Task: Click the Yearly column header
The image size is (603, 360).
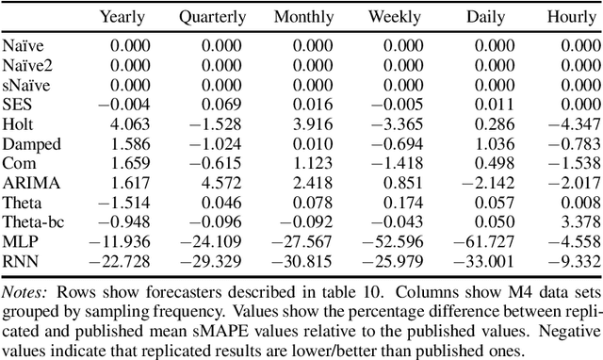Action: pyautogui.click(x=123, y=17)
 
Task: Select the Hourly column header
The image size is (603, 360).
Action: pyautogui.click(x=571, y=17)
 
